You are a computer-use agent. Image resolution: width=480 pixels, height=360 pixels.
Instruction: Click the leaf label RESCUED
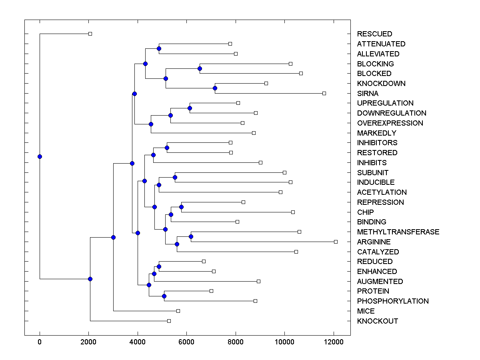click(x=374, y=34)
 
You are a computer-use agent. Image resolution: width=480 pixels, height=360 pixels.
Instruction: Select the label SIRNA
click(x=368, y=94)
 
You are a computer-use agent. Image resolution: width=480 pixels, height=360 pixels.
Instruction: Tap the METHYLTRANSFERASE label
click(x=398, y=232)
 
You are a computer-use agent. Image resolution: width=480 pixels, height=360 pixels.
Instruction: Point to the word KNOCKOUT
click(x=378, y=321)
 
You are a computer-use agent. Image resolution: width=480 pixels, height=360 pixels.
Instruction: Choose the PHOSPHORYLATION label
click(x=393, y=301)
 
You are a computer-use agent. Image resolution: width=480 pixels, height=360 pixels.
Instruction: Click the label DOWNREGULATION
click(x=392, y=113)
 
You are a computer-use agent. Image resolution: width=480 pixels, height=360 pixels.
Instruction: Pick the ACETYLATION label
click(x=382, y=192)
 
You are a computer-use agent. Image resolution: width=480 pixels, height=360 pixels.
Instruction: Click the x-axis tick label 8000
click(x=236, y=342)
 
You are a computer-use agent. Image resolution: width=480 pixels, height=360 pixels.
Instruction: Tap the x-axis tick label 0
click(x=40, y=342)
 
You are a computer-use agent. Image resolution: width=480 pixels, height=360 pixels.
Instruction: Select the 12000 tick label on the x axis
click(x=334, y=342)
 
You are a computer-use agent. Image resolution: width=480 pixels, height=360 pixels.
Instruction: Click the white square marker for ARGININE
click(x=336, y=242)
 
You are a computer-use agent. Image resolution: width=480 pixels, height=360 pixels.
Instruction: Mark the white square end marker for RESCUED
click(x=90, y=34)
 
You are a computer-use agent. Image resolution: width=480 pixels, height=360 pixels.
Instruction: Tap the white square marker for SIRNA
click(x=324, y=93)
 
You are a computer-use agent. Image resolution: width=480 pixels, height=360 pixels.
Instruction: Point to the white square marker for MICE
click(x=178, y=311)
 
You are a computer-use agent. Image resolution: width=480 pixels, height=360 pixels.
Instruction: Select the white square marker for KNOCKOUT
click(x=169, y=321)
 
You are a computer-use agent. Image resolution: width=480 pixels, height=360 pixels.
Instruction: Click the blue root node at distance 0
click(x=40, y=156)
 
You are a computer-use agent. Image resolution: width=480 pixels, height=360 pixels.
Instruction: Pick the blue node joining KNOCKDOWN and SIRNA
click(x=215, y=88)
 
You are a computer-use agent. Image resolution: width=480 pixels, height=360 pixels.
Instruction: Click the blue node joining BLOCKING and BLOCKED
click(x=200, y=68)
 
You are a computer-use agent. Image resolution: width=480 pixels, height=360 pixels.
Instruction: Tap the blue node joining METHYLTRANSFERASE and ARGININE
click(x=191, y=237)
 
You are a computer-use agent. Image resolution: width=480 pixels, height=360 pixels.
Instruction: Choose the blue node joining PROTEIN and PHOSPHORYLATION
click(x=164, y=296)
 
